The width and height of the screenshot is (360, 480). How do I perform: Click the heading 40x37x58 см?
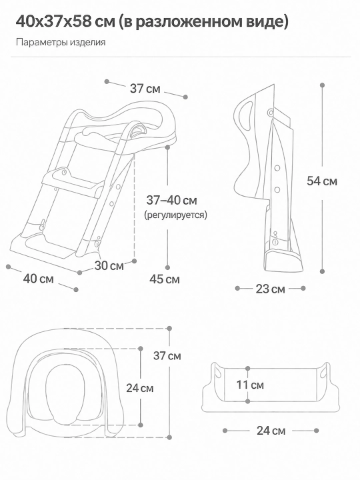pyautogui.click(x=65, y=22)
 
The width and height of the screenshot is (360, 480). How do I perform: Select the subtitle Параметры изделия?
pyautogui.click(x=61, y=42)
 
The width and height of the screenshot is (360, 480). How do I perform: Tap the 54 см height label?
pyautogui.click(x=322, y=181)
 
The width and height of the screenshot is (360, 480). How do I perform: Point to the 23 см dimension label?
pyautogui.click(x=270, y=289)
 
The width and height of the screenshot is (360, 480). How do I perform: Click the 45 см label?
pyautogui.click(x=165, y=279)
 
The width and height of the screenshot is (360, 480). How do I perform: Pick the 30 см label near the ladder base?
pyautogui.click(x=109, y=266)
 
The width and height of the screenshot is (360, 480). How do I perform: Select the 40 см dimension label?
pyautogui.click(x=38, y=279)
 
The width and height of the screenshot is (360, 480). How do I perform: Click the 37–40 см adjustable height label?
pyautogui.click(x=172, y=200)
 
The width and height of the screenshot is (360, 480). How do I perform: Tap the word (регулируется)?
pyautogui.click(x=175, y=215)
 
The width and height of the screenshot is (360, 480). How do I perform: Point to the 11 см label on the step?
pyautogui.click(x=250, y=385)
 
